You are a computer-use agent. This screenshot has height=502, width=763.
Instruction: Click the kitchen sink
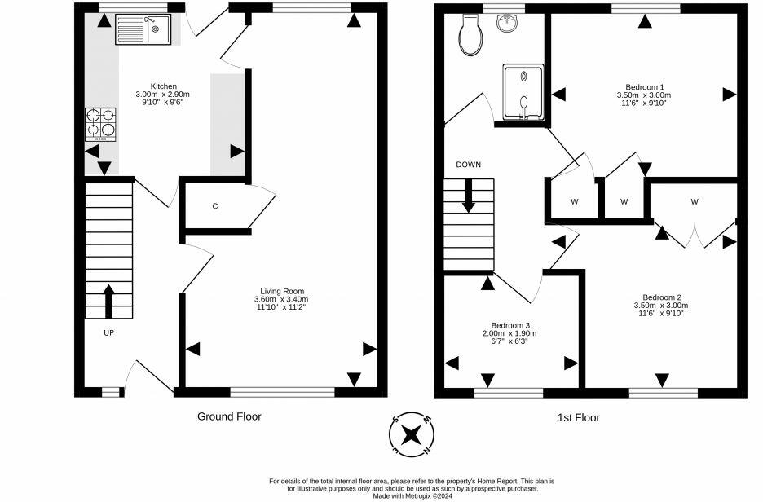pyautogui.click(x=143, y=29)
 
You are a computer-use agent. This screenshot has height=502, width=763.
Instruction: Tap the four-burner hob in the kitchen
pyautogui.click(x=101, y=125)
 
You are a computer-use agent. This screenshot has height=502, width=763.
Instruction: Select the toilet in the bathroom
pyautogui.click(x=470, y=35)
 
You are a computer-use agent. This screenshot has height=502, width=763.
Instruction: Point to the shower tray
pyautogui.click(x=523, y=91)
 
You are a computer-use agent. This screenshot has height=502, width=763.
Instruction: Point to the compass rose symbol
pyautogui.click(x=412, y=434)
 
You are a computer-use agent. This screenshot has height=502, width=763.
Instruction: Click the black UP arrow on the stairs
pyautogui.click(x=108, y=301)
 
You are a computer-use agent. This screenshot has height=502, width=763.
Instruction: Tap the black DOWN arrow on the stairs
pyautogui.click(x=468, y=196)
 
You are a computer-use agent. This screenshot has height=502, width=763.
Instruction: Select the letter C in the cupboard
pyautogui.click(x=215, y=206)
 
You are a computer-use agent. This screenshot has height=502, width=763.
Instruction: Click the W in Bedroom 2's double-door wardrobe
pyautogui.click(x=695, y=201)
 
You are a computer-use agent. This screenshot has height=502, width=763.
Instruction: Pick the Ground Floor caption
pyautogui.click(x=229, y=416)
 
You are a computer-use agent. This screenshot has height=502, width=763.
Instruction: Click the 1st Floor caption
pyautogui.click(x=579, y=417)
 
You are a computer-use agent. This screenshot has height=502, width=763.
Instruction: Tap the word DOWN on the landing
pyautogui.click(x=469, y=165)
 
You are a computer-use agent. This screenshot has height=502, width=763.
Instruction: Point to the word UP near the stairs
pyautogui.click(x=108, y=332)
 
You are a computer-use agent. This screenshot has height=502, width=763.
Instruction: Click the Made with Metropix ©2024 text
pyautogui.click(x=412, y=495)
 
